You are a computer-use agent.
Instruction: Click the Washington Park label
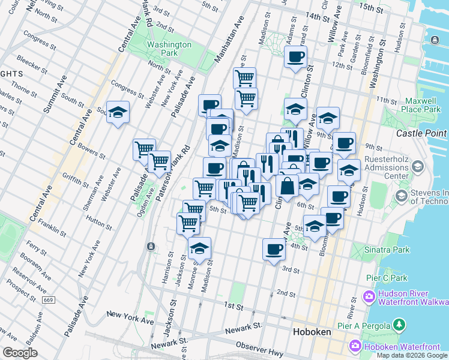(169, 49)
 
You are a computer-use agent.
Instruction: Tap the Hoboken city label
(309, 331)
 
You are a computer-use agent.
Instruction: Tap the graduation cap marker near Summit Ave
(118, 112)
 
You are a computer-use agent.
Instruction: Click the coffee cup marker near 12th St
(295, 58)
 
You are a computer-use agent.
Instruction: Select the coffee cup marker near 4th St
(274, 249)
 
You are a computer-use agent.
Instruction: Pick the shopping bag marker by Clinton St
(288, 185)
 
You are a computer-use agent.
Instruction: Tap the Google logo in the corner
(20, 353)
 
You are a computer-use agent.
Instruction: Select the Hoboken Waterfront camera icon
(355, 346)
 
